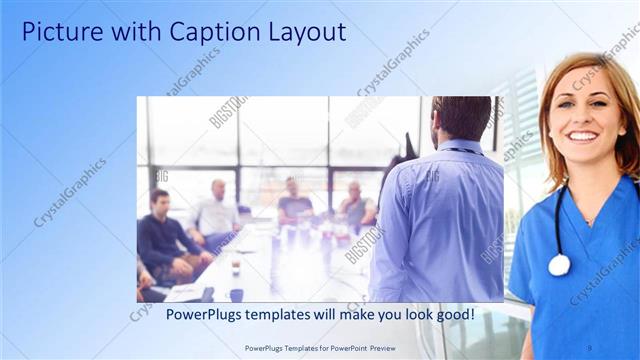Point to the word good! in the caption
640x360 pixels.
click(x=451, y=315)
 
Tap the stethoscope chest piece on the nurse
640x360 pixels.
click(x=559, y=265)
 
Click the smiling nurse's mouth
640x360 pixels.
click(x=581, y=135)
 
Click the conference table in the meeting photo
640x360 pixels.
click(x=290, y=265)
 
